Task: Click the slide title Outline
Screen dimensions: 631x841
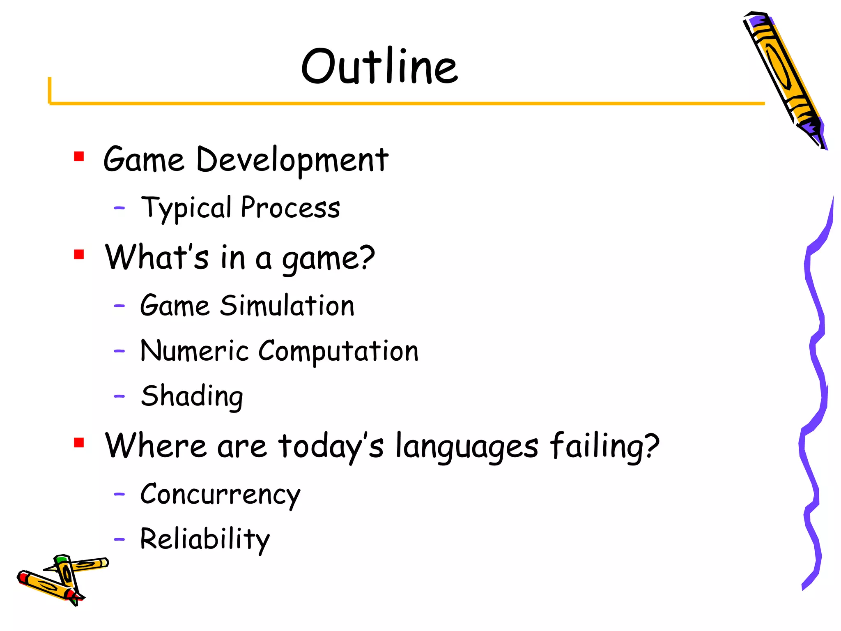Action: [379, 67]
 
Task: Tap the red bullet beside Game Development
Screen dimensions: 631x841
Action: [79, 157]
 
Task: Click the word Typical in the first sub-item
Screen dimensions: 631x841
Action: [186, 207]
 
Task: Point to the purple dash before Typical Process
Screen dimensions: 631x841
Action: [119, 208]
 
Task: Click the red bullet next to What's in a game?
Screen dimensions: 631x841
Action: [79, 255]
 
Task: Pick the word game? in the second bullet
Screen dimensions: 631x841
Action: [328, 259]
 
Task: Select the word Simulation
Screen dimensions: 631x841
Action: [287, 306]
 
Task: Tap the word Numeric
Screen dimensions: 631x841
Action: [194, 351]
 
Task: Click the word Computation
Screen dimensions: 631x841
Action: [338, 352]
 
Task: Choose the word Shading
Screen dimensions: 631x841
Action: [192, 396]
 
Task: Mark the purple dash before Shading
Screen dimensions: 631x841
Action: [119, 396]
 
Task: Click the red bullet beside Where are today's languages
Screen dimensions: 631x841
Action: [79, 442]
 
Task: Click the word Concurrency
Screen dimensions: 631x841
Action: [220, 495]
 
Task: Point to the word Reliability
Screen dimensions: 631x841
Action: [205, 539]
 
